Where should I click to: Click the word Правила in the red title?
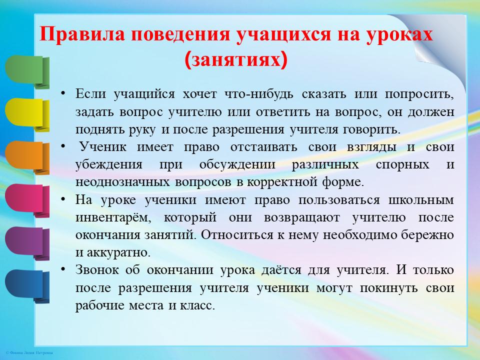pos(82,33)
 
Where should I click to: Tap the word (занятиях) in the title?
pos(236,59)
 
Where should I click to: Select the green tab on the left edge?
pos(27,72)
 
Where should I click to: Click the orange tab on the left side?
pos(27,157)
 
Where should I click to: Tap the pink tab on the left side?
pos(27,200)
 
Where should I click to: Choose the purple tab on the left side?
pos(27,243)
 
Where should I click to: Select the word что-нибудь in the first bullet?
pos(258,94)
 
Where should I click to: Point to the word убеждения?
pos(109,165)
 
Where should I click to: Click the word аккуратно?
pos(119,253)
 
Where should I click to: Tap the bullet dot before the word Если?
pos(63,93)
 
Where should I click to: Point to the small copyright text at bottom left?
pos(29,353)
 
